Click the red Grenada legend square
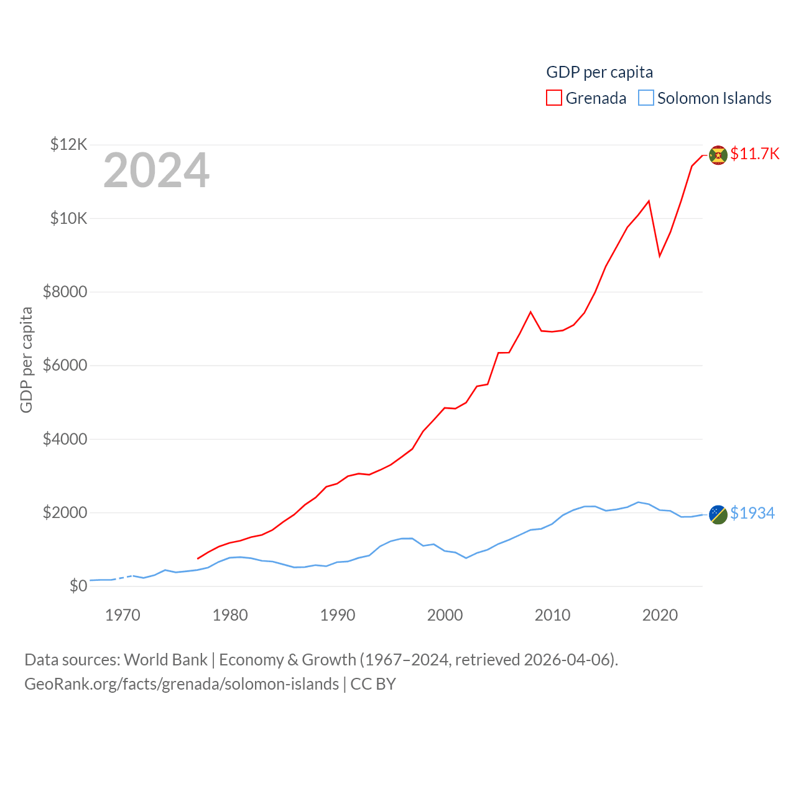(x=554, y=98)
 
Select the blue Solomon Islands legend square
(x=646, y=98)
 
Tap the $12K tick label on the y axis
(x=68, y=145)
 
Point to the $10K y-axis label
(x=68, y=218)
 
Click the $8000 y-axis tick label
(x=65, y=292)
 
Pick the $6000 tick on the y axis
(x=65, y=365)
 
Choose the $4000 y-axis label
(x=65, y=439)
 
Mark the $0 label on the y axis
(x=78, y=586)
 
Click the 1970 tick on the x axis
(x=123, y=616)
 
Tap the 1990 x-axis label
(x=338, y=616)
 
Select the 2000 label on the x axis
(x=445, y=616)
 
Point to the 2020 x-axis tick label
(x=660, y=616)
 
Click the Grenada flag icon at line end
(x=718, y=155)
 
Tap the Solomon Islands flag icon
(x=718, y=514)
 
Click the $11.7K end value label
(x=754, y=154)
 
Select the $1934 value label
(x=752, y=513)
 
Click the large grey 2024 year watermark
(x=156, y=170)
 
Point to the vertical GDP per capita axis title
(x=26, y=359)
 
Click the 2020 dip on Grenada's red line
(x=660, y=256)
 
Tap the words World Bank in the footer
(x=165, y=659)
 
